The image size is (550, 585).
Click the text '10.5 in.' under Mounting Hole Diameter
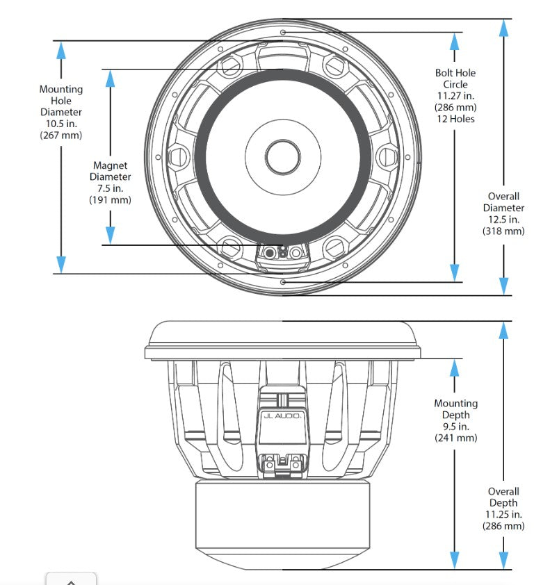pyautogui.click(x=60, y=124)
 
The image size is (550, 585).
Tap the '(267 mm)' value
pyautogui.click(x=60, y=135)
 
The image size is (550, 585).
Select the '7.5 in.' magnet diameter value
pyautogui.click(x=110, y=188)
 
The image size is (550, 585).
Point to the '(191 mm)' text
pyautogui.click(x=110, y=200)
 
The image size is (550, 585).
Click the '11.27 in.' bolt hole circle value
pyautogui.click(x=455, y=96)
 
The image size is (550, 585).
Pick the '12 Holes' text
pyautogui.click(x=455, y=119)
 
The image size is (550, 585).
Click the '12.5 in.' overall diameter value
pyautogui.click(x=503, y=220)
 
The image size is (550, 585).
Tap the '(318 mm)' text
pyautogui.click(x=503, y=231)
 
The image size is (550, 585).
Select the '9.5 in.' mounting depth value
pyautogui.click(x=455, y=427)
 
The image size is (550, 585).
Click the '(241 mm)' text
pyautogui.click(x=455, y=438)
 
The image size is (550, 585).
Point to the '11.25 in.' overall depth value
pyautogui.click(x=503, y=515)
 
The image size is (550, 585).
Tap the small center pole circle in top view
pyautogui.click(x=282, y=154)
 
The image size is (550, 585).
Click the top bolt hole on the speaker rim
pyautogui.click(x=282, y=33)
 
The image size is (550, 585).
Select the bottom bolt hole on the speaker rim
pyautogui.click(x=282, y=282)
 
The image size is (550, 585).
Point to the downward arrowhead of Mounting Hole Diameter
pyautogui.click(x=61, y=264)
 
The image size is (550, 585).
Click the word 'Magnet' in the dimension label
pyautogui.click(x=110, y=165)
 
